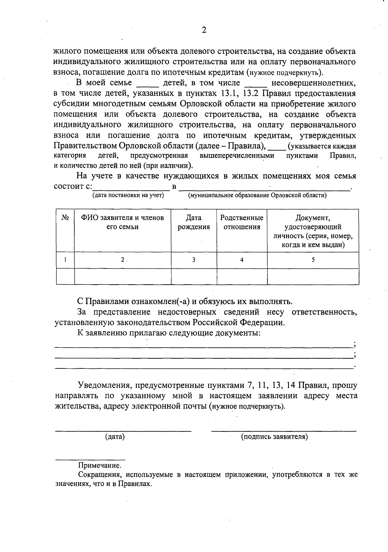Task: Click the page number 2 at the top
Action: pos(204,30)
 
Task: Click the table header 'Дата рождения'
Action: pos(194,222)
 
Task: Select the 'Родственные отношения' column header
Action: pos(242,222)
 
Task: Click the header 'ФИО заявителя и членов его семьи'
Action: pos(123,222)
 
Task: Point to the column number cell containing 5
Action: pos(313,260)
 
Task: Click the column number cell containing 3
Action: pos(194,260)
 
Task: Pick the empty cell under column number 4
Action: pos(242,276)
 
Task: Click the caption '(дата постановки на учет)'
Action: pos(128,195)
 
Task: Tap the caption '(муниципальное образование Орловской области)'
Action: pos(257,195)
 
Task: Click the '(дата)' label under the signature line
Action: pos(115,436)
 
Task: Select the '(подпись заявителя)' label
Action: pos(275,436)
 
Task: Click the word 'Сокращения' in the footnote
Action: pos(100,475)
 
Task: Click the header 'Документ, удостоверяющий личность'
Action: pos(313,231)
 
